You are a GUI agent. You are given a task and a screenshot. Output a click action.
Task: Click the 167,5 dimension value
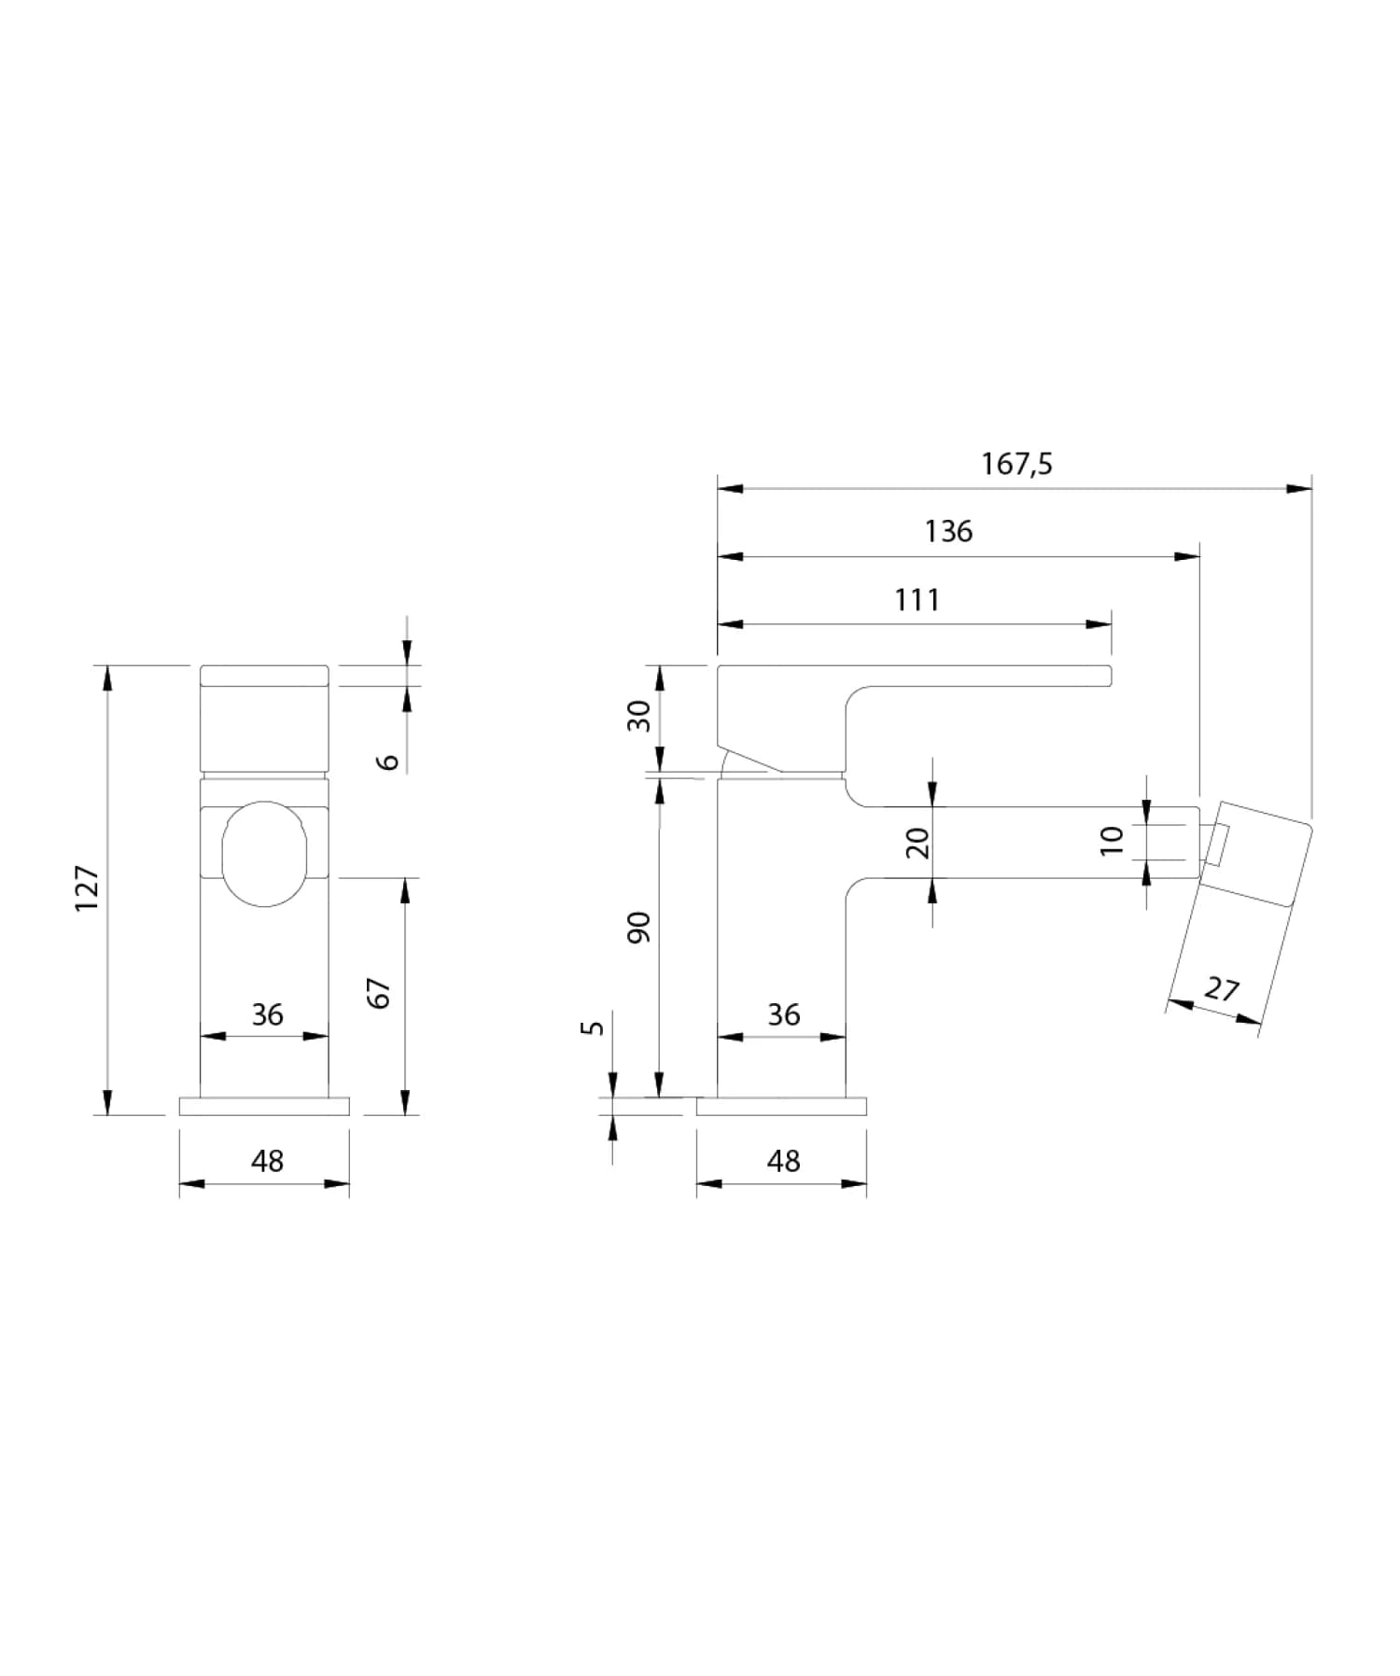pyautogui.click(x=1016, y=464)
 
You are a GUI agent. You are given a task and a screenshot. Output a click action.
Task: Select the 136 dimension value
pyautogui.click(x=948, y=532)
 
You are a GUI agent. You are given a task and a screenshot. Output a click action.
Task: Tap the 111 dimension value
pyautogui.click(x=917, y=600)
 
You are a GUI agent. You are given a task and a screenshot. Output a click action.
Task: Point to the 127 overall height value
pyautogui.click(x=88, y=888)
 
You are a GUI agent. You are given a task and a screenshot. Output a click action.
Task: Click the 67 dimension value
pyautogui.click(x=380, y=993)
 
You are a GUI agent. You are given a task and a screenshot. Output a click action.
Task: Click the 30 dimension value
pyautogui.click(x=639, y=716)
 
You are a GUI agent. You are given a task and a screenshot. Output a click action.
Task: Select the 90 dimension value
pyautogui.click(x=639, y=927)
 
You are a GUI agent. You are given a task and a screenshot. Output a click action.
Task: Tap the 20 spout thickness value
pyautogui.click(x=918, y=843)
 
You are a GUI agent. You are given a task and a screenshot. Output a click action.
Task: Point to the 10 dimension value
pyautogui.click(x=1112, y=841)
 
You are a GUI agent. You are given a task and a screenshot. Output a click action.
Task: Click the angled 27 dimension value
pyautogui.click(x=1222, y=988)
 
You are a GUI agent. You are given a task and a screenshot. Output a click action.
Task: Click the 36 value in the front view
pyautogui.click(x=267, y=1014)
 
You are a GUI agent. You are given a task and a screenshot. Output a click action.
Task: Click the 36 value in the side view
pyautogui.click(x=783, y=1014)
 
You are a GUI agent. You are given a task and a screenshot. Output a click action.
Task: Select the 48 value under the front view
pyautogui.click(x=267, y=1161)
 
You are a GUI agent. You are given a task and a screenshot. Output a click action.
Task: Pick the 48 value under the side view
pyautogui.click(x=783, y=1161)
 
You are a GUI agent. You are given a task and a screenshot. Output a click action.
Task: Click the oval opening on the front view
pyautogui.click(x=264, y=853)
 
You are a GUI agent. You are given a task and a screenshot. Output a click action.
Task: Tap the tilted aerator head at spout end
pyautogui.click(x=1254, y=855)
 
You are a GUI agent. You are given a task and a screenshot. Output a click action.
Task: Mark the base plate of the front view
pyautogui.click(x=264, y=1106)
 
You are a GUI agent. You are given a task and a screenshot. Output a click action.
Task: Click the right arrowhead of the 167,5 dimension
pyautogui.click(x=1299, y=488)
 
